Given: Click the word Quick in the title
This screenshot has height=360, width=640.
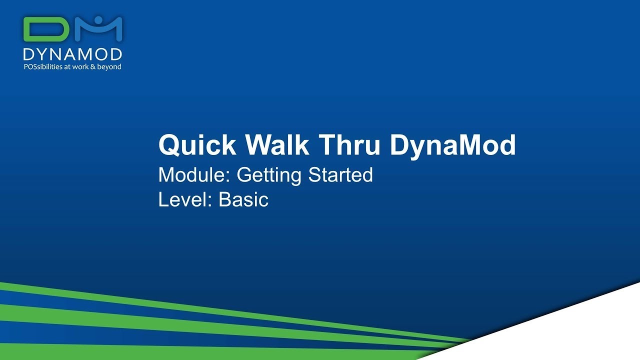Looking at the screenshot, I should click(x=197, y=145).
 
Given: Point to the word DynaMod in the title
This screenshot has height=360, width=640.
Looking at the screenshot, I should click(x=452, y=145).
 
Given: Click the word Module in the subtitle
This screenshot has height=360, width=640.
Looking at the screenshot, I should click(x=195, y=175).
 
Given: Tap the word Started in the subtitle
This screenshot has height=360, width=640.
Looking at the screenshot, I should click(x=340, y=175).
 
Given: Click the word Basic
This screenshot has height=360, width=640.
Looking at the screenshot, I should click(x=243, y=199).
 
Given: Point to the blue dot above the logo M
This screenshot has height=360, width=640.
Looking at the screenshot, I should click(x=98, y=20).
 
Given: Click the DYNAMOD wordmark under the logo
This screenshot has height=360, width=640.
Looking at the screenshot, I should click(x=72, y=54).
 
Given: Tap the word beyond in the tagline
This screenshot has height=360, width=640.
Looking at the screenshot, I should click(x=110, y=66).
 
